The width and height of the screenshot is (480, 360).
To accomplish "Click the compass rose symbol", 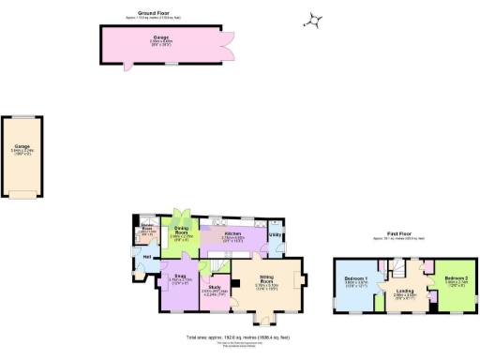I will [x=317, y=21].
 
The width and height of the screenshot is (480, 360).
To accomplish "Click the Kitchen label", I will [x=232, y=233].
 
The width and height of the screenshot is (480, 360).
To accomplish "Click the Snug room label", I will [x=180, y=276].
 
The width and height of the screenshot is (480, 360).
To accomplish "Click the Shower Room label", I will [x=147, y=230].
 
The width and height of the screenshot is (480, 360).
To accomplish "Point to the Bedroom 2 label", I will [x=456, y=279].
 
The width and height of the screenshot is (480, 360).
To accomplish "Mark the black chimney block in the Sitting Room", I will [x=301, y=278].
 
